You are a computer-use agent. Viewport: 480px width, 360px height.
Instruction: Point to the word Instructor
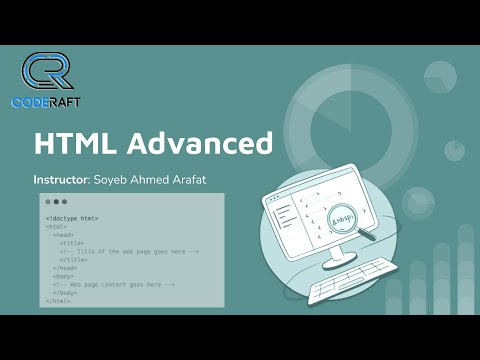[60, 181]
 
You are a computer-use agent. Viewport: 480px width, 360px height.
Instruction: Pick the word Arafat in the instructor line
[193, 181]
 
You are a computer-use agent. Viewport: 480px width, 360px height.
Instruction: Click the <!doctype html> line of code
[72, 218]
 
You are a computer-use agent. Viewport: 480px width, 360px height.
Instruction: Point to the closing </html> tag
[59, 300]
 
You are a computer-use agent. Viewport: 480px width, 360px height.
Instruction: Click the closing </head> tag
[65, 268]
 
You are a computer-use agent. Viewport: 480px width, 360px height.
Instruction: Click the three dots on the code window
[55, 202]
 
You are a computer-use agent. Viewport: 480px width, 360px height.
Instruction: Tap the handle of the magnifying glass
[377, 236]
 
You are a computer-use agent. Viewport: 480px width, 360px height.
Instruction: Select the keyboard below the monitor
[349, 289]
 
